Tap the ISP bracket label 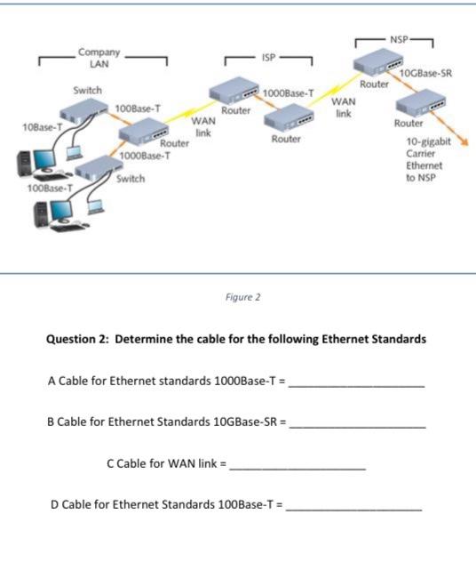click(x=268, y=54)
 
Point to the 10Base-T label click(x=23, y=128)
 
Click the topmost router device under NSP click(x=377, y=63)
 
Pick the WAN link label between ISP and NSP click(x=344, y=108)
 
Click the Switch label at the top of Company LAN click(x=88, y=91)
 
